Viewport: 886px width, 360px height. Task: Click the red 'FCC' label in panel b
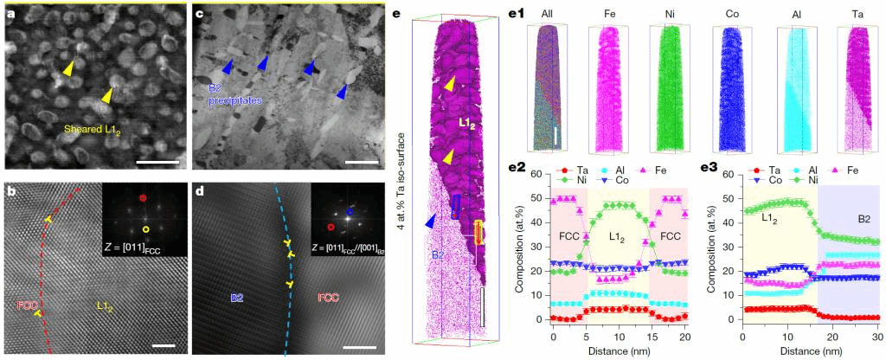28,305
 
